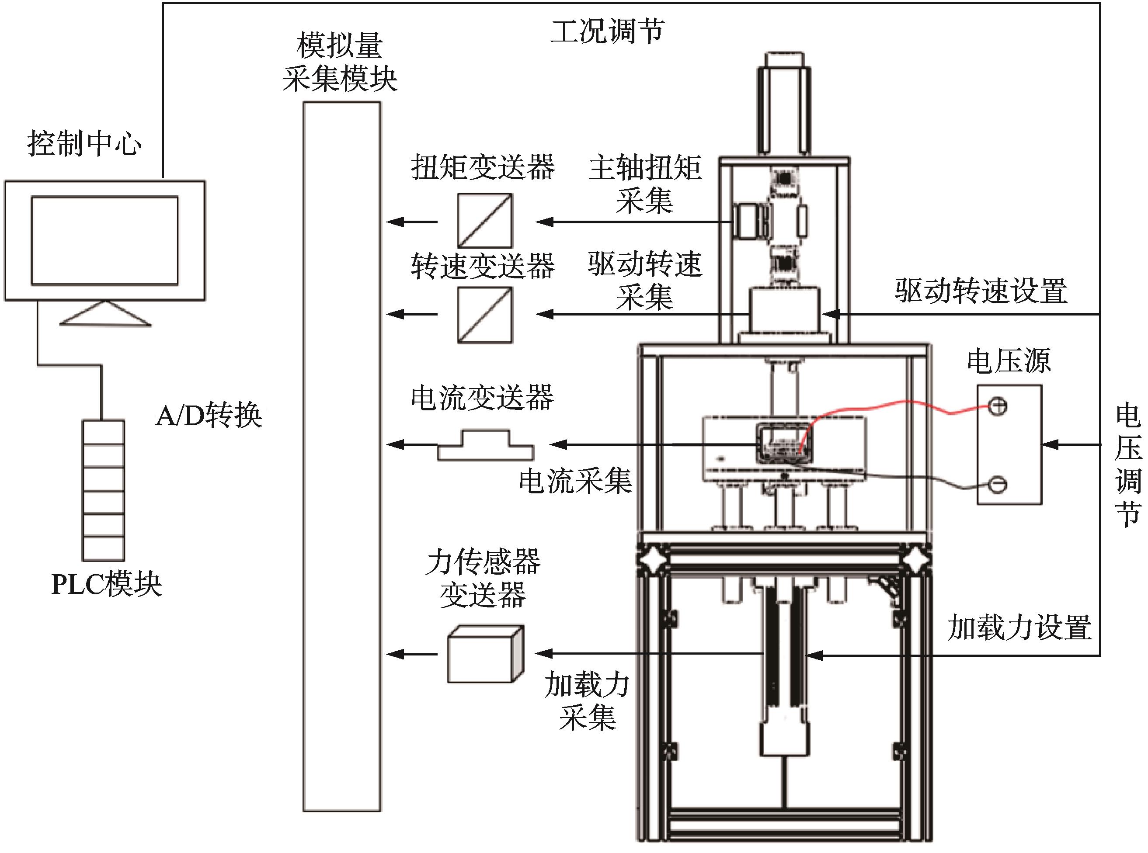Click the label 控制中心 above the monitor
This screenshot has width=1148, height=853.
[84, 143]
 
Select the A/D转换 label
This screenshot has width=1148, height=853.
[209, 415]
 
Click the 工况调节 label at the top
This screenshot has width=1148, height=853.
[607, 31]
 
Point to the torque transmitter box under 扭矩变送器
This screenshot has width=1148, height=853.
[485, 221]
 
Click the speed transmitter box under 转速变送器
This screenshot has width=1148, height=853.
[485, 315]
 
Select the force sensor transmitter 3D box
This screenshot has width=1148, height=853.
[485, 654]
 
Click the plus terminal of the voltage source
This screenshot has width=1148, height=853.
[998, 406]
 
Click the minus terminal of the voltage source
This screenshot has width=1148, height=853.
[998, 484]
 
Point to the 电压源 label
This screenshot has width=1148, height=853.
[1009, 361]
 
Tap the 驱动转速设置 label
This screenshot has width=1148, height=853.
[981, 290]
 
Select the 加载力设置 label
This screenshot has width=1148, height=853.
[1019, 628]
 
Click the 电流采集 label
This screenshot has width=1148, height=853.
[575, 481]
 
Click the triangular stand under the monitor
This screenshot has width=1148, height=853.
[105, 313]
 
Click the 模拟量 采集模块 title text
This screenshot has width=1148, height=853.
[340, 62]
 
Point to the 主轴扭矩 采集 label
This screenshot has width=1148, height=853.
[645, 184]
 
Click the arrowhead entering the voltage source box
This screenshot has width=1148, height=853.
[1050, 444]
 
